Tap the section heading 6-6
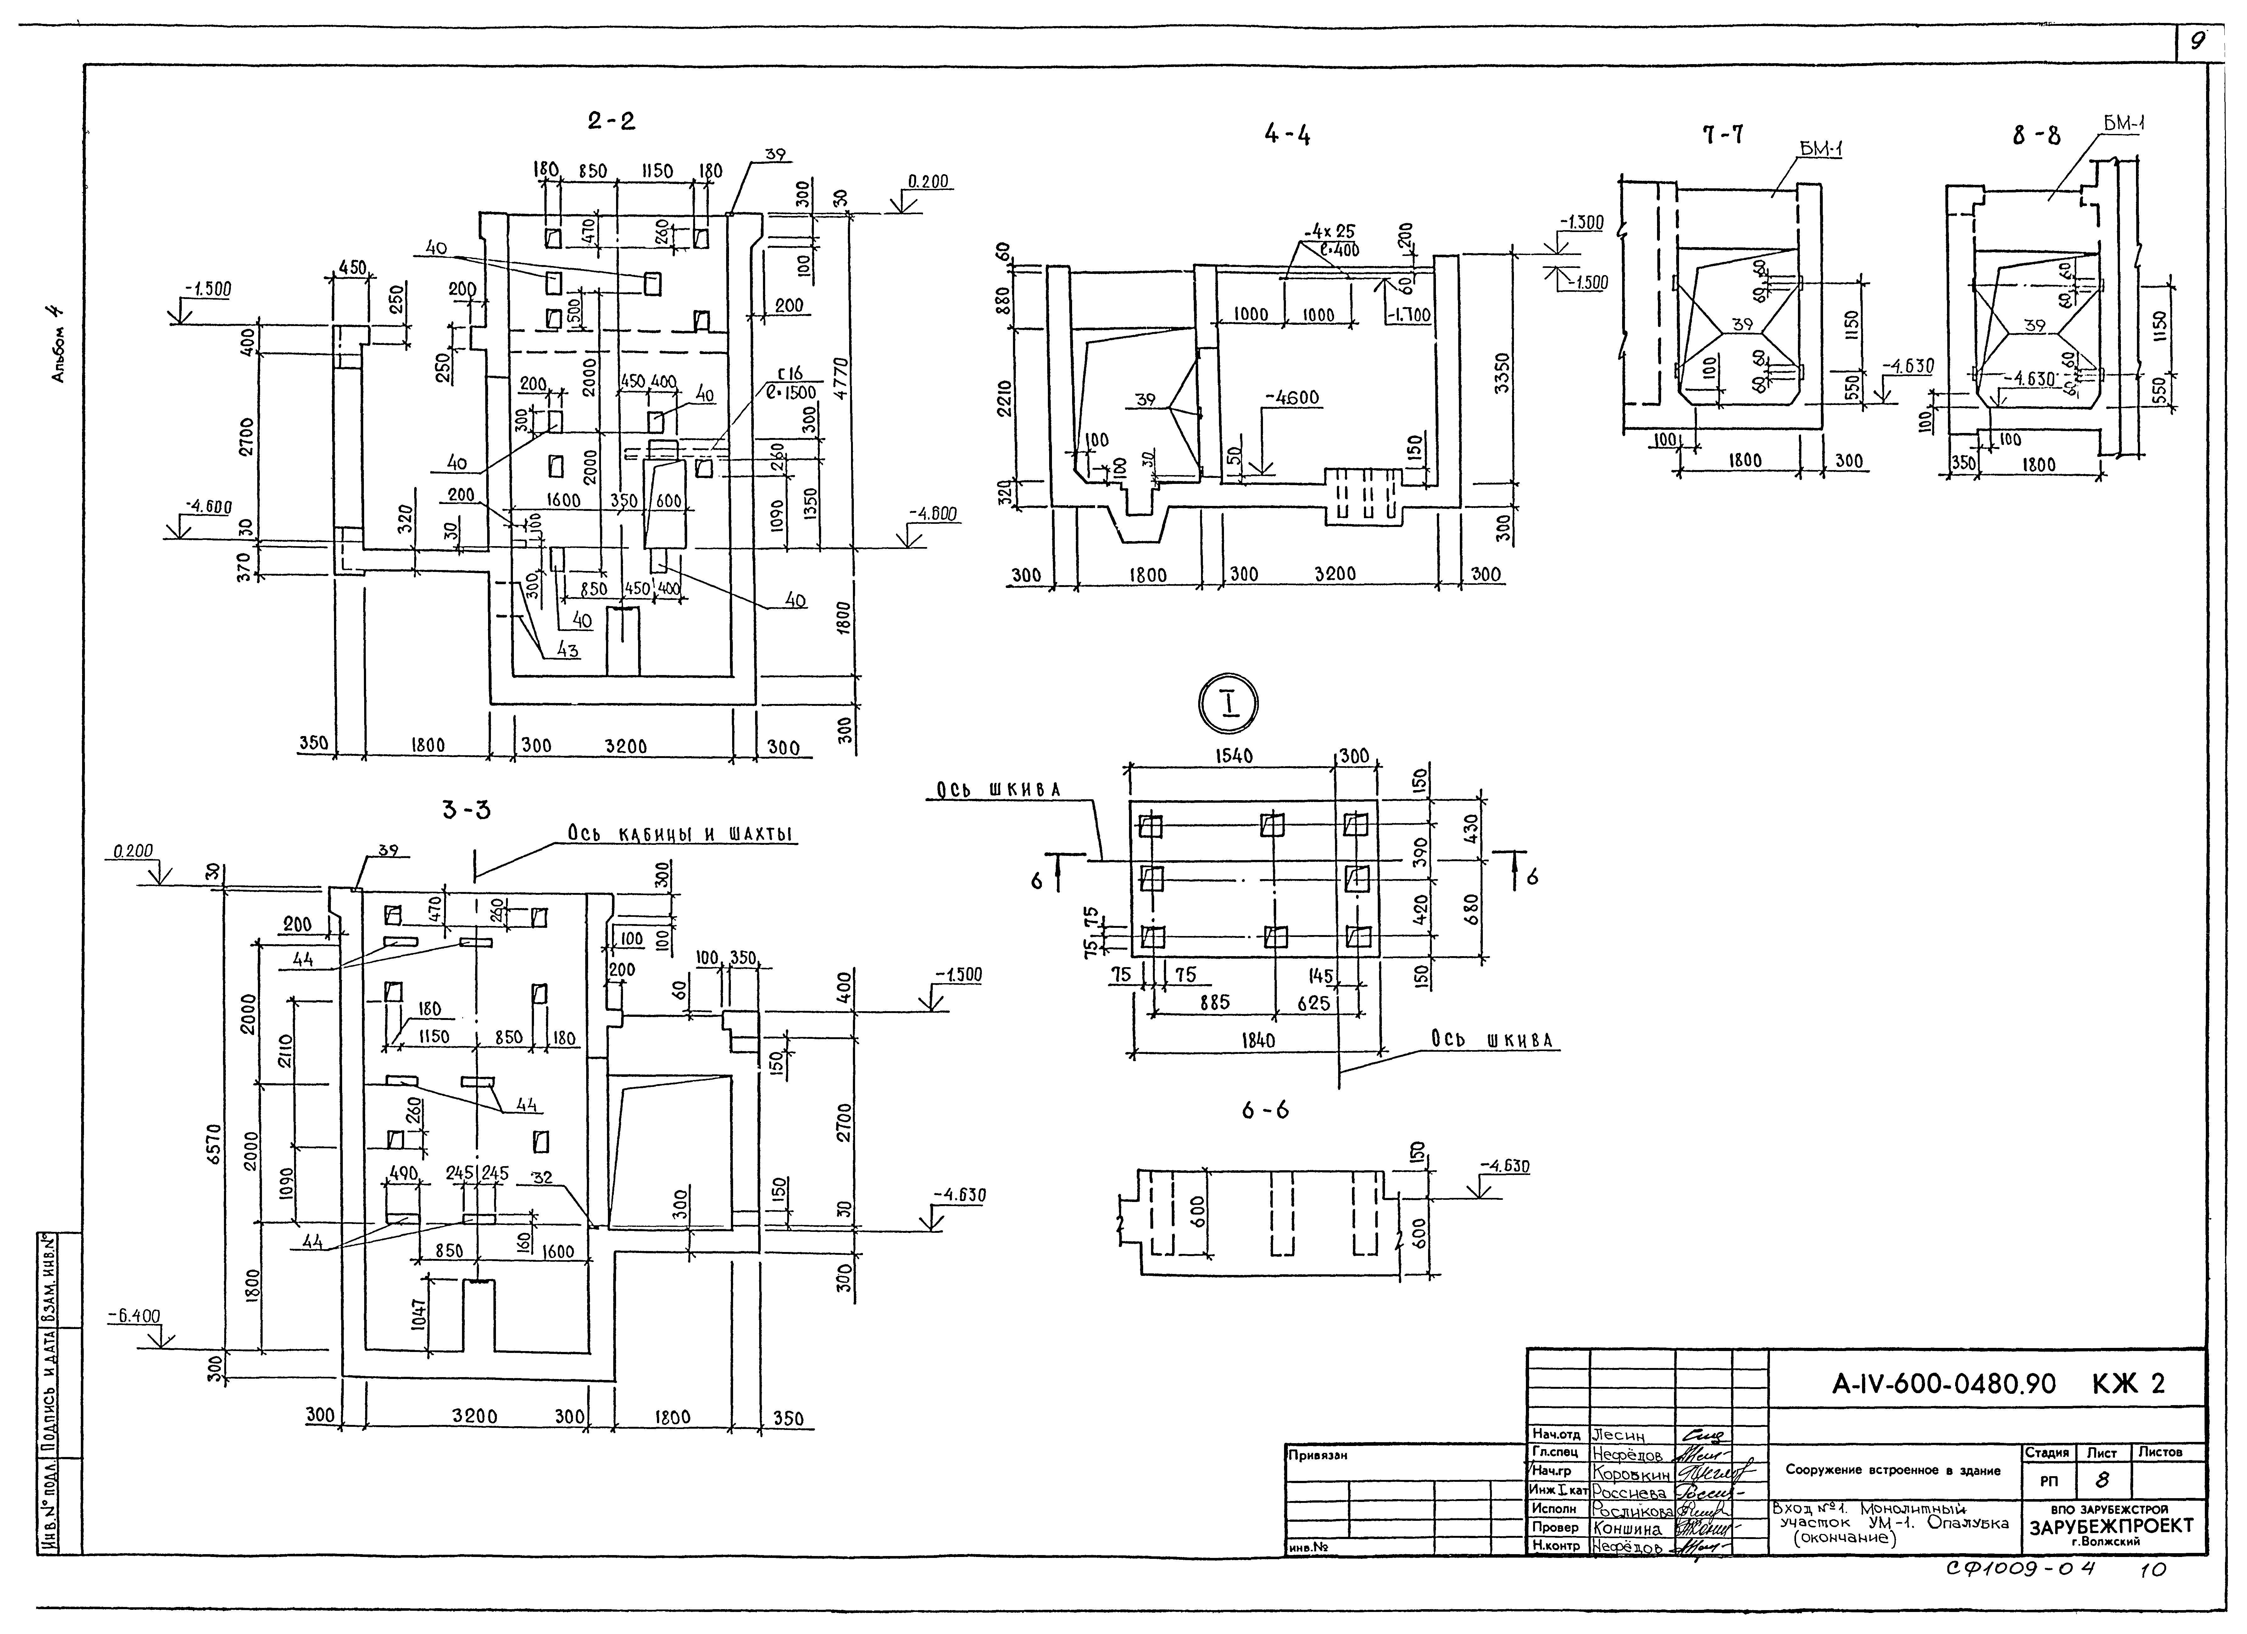[x=1266, y=1110]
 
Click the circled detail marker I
[x=1227, y=705]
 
